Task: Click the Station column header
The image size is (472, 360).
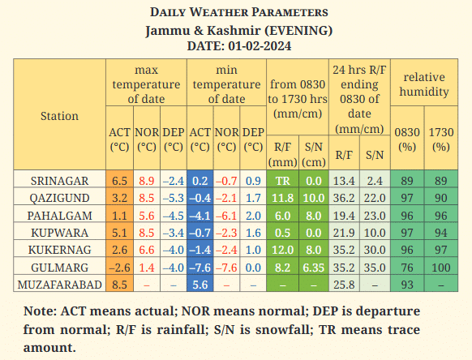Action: (59, 116)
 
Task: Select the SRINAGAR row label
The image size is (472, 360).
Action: (59, 181)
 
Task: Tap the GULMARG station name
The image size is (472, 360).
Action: (59, 268)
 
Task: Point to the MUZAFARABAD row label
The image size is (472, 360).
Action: (59, 285)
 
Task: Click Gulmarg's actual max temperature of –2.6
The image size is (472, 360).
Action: (119, 268)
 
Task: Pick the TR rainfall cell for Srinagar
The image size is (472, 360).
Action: (283, 181)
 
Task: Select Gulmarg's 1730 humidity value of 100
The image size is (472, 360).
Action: (441, 268)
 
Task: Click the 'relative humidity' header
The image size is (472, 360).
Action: (424, 84)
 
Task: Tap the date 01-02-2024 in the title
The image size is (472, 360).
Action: (260, 46)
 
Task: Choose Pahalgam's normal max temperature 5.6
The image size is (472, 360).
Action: (147, 216)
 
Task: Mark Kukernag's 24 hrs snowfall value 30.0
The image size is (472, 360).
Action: (375, 250)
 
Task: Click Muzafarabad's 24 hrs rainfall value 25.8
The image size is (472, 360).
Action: (344, 285)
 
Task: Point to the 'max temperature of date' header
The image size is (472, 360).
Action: (146, 84)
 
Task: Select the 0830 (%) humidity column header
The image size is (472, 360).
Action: (407, 139)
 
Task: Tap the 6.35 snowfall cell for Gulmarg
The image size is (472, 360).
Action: (314, 268)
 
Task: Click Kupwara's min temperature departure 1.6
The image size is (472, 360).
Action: (253, 233)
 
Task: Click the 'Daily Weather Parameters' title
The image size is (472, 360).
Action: (239, 12)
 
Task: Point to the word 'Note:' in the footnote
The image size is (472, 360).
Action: (40, 311)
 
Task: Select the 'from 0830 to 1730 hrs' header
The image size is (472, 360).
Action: (298, 99)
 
